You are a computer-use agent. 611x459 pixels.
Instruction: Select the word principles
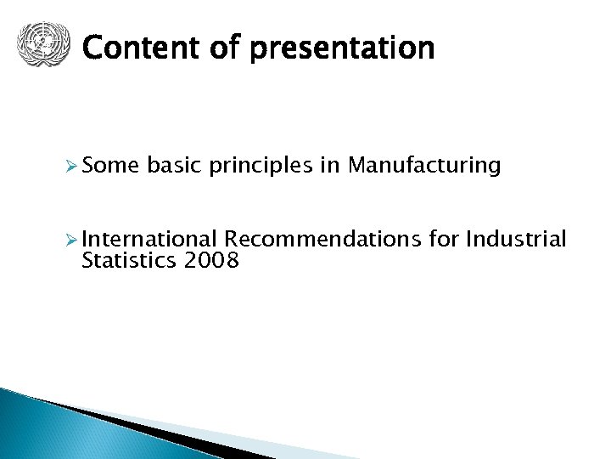[261, 167]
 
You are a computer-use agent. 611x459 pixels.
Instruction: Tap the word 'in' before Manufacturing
[330, 165]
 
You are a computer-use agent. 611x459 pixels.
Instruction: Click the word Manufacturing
[423, 166]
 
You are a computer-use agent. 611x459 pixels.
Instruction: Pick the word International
[150, 240]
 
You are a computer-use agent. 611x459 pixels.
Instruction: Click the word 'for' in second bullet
[444, 240]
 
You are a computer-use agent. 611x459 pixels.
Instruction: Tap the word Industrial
[516, 240]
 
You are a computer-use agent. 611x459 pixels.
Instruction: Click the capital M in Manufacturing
[355, 165]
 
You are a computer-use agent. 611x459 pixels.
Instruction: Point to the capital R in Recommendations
[230, 240]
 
